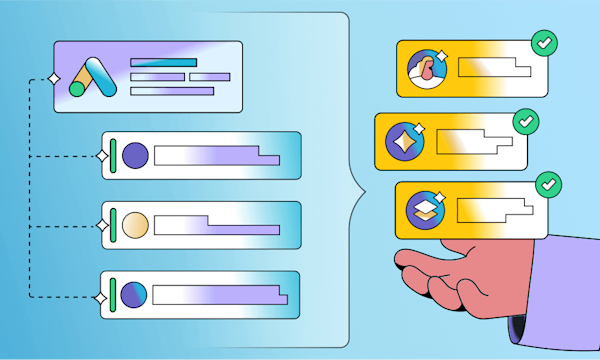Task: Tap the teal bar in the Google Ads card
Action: click(163, 62)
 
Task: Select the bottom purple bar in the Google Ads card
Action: click(173, 91)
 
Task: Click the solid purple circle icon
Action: click(135, 155)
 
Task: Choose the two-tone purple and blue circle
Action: click(134, 294)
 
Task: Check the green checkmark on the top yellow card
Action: click(544, 44)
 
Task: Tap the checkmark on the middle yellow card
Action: click(525, 123)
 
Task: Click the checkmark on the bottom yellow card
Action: click(547, 185)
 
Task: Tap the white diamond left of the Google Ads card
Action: click(52, 78)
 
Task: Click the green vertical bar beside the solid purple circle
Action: click(114, 155)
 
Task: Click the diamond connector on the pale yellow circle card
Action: click(100, 227)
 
